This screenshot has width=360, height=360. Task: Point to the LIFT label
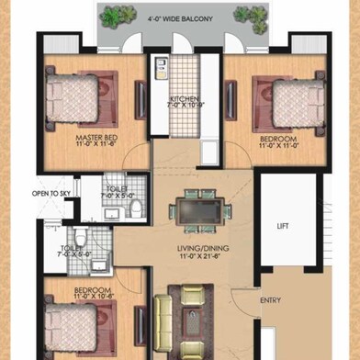[283, 224]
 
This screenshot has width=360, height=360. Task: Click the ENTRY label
[271, 300]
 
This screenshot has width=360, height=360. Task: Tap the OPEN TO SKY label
[52, 194]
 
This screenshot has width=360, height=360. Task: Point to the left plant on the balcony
[115, 16]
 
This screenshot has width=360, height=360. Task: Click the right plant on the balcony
[247, 15]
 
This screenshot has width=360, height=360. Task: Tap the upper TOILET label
[118, 187]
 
